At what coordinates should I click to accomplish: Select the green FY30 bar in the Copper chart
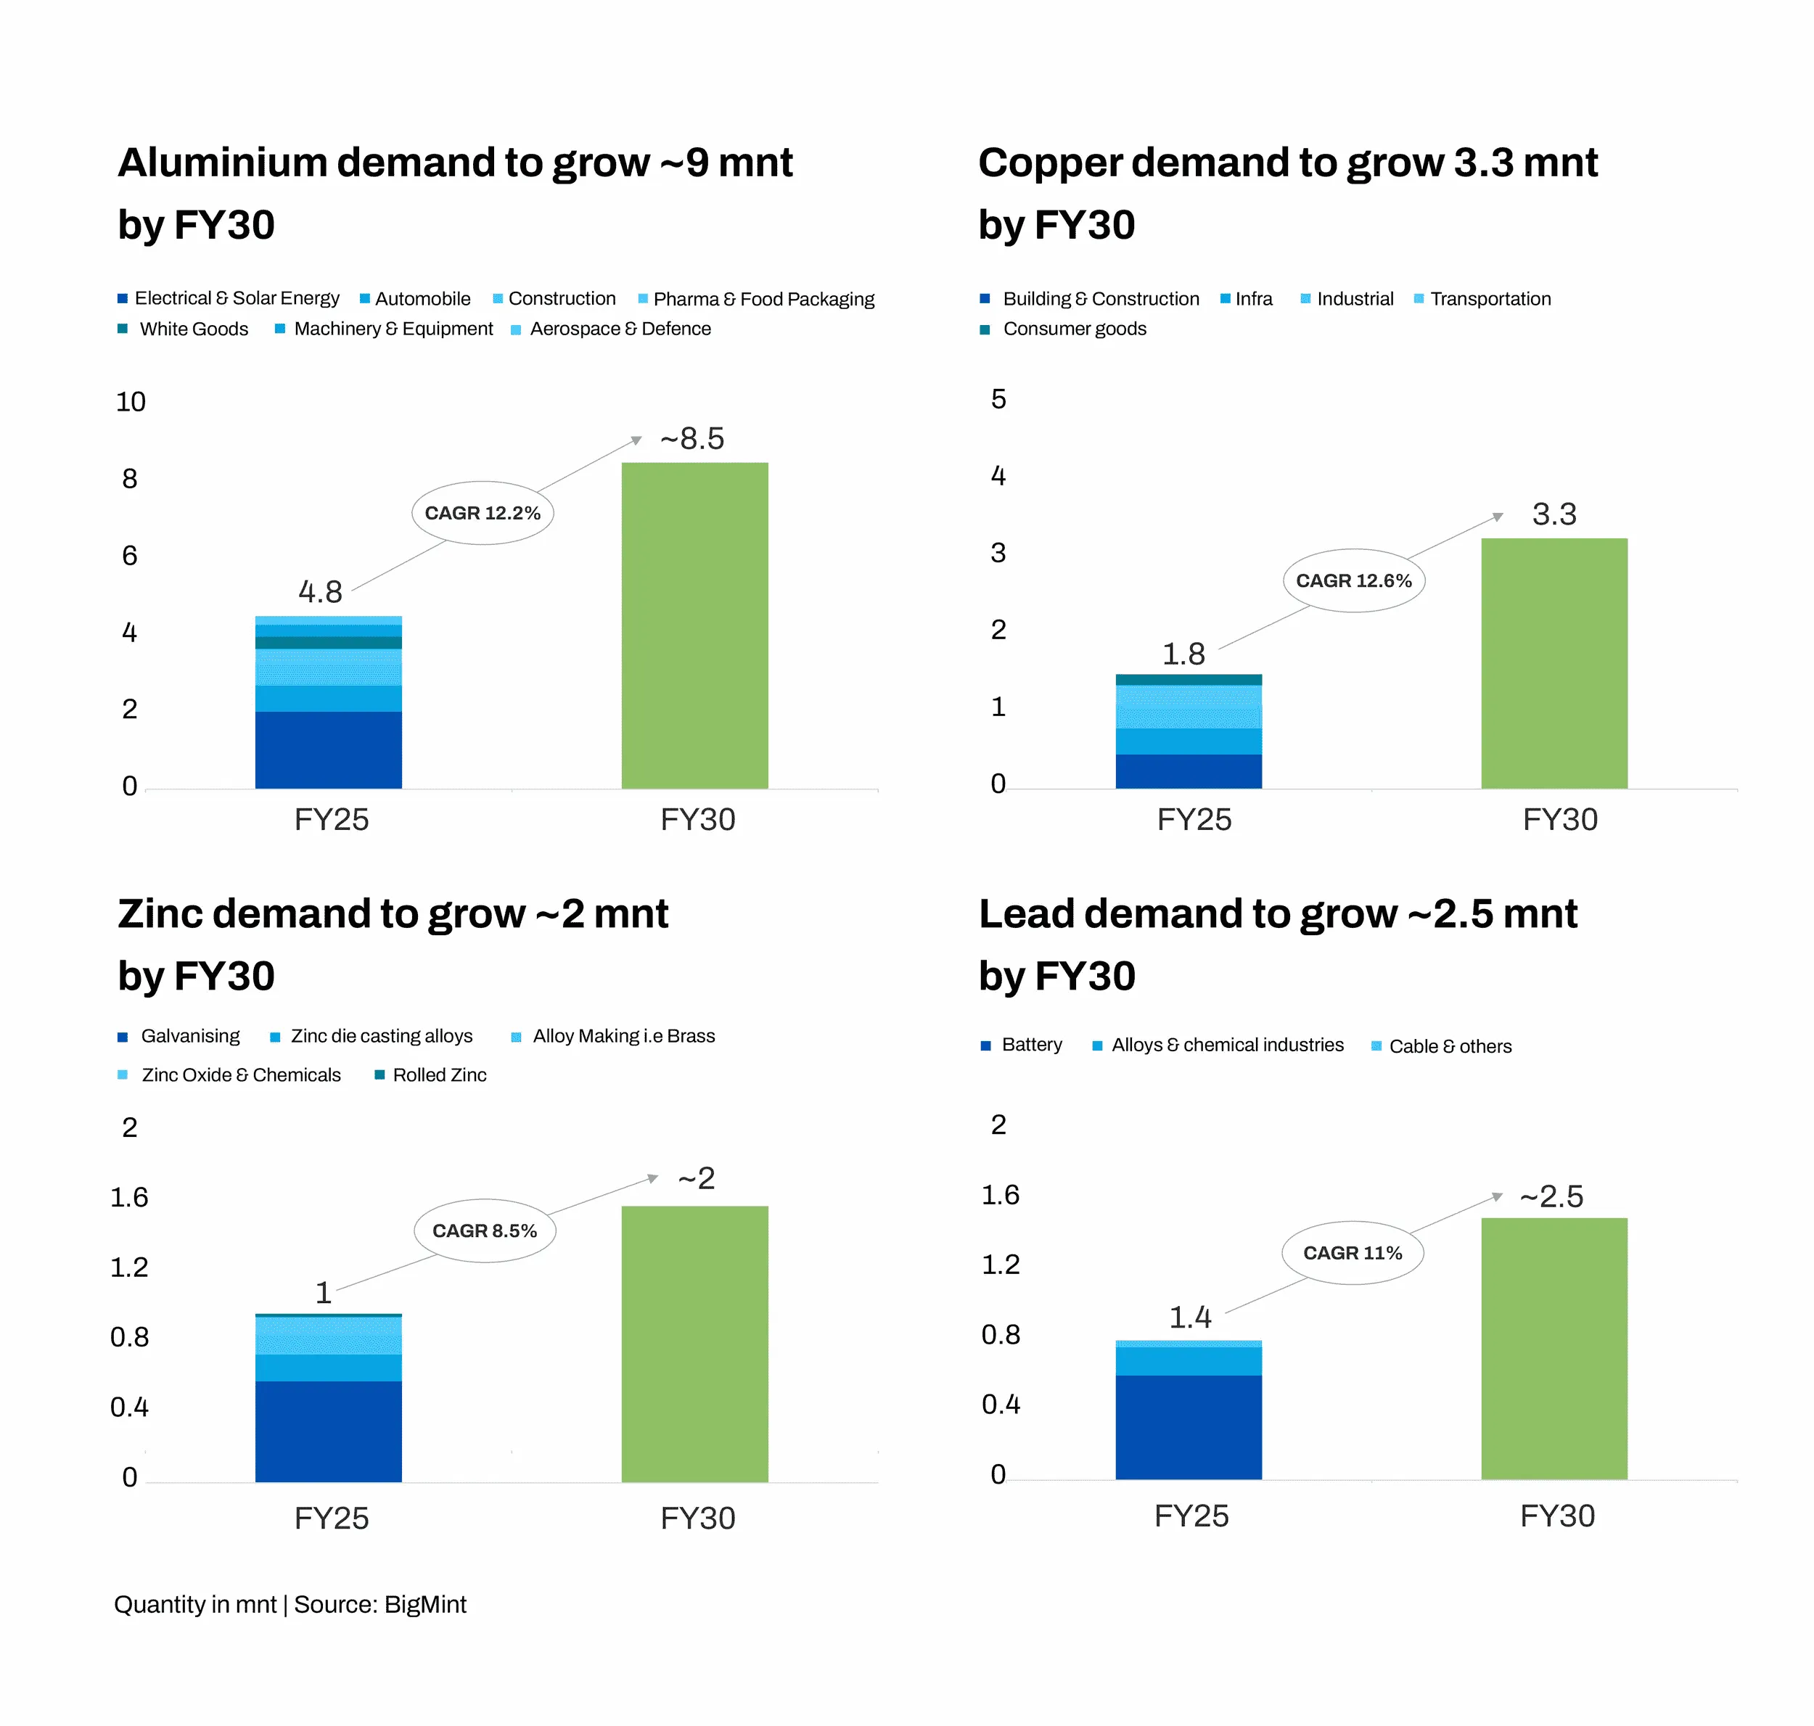(1554, 662)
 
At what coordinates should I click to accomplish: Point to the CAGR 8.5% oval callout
(484, 1231)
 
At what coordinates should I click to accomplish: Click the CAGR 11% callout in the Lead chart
(1352, 1253)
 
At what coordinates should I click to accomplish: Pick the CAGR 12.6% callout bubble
(1353, 580)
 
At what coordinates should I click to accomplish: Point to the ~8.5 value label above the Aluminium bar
(692, 439)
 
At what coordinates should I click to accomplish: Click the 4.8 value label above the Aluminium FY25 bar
(320, 591)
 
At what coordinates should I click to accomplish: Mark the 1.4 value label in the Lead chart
(1189, 1318)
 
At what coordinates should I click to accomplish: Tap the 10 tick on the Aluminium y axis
(131, 402)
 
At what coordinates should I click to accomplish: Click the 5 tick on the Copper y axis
(998, 399)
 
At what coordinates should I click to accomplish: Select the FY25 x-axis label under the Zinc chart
(332, 1518)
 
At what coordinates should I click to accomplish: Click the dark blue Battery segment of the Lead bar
(1188, 1426)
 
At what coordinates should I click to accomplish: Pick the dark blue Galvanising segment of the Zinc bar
(329, 1431)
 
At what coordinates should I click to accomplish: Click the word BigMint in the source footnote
(425, 1605)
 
